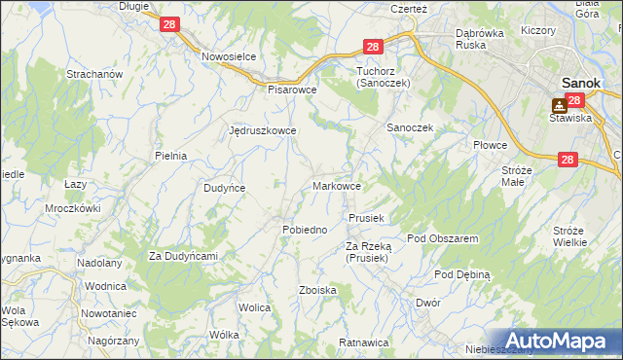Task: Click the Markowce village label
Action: click(x=338, y=186)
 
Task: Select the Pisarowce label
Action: click(x=293, y=89)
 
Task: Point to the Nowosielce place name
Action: click(x=228, y=56)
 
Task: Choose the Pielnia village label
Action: click(x=170, y=156)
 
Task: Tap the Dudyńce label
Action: click(x=223, y=188)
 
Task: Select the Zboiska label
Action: click(x=318, y=290)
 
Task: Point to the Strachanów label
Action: click(x=92, y=74)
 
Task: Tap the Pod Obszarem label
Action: click(x=442, y=238)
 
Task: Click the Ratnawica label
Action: click(x=364, y=343)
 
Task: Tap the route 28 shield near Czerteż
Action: click(x=373, y=46)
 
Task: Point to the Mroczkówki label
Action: click(x=73, y=208)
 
